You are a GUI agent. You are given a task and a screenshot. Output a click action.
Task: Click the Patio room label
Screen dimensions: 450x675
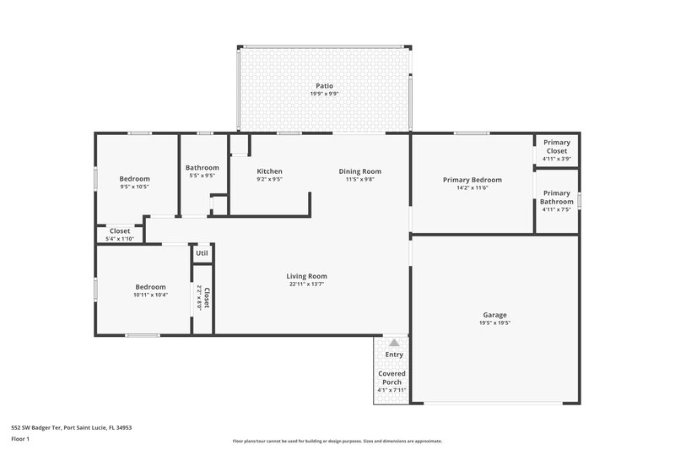324,85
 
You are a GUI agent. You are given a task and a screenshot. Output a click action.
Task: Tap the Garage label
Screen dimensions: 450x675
494,314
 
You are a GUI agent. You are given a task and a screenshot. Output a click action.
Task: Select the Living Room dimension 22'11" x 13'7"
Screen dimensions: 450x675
306,285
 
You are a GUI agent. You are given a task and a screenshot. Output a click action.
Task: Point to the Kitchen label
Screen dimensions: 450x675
269,171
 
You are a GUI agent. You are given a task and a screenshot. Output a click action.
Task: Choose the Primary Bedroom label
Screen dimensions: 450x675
472,180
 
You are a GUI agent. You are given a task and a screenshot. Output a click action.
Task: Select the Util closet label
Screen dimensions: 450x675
202,252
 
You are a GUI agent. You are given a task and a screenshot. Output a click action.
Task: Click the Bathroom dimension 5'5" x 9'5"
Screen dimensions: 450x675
202,176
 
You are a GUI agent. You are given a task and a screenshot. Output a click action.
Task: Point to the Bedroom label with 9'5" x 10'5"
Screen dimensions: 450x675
134,178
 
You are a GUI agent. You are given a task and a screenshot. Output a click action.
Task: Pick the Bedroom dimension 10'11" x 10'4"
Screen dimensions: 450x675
150,295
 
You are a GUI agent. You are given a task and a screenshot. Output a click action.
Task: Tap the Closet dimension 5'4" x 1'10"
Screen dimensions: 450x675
120,239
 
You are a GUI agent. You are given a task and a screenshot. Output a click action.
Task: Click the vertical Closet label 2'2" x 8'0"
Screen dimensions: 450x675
203,298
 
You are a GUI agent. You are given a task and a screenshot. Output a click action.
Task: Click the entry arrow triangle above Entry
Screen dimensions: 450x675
393,342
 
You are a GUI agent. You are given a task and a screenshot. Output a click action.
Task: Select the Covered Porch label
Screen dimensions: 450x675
391,377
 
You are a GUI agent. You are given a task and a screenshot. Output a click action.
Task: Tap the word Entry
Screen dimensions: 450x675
393,355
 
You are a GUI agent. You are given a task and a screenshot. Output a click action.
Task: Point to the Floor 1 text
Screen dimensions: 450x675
20,439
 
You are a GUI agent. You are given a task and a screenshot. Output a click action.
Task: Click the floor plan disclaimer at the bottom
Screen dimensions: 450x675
337,441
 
